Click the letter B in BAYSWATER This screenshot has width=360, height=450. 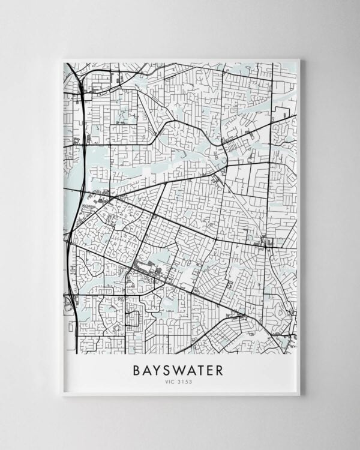point(137,370)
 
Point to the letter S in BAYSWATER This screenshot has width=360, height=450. point(168,370)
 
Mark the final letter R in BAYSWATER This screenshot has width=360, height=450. point(220,370)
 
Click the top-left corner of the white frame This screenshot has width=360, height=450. point(62,59)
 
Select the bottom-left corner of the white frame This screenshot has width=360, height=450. point(62,395)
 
